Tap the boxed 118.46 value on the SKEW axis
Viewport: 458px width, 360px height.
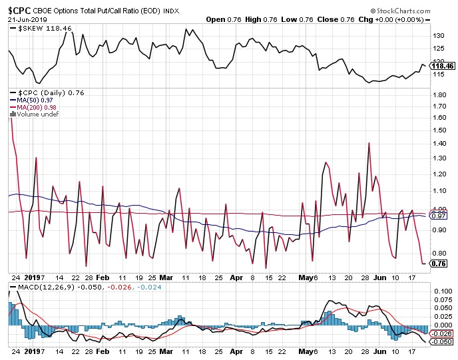click(x=443, y=66)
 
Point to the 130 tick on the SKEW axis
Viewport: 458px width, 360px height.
click(x=438, y=35)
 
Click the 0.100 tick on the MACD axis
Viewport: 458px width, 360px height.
click(x=441, y=291)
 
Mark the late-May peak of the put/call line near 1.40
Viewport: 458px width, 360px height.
click(x=368, y=142)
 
